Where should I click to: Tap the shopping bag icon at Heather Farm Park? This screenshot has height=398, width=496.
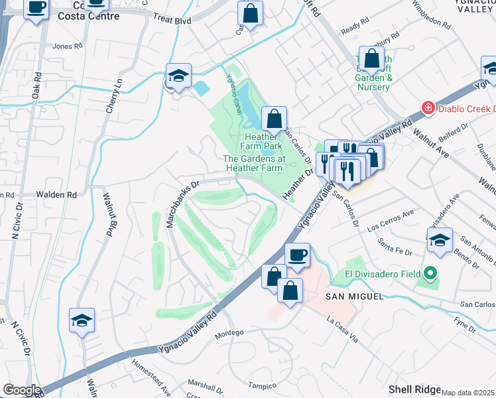click(273, 120)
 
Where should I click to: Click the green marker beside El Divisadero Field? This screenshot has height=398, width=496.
click(430, 273)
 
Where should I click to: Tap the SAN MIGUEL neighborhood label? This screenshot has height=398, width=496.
click(353, 296)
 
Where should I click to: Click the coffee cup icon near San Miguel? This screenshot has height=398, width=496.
click(297, 255)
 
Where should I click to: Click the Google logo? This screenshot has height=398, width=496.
click(21, 390)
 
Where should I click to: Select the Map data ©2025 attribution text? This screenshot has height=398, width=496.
click(468, 393)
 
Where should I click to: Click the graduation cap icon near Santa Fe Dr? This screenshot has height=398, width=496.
click(440, 241)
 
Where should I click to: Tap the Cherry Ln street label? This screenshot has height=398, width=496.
click(113, 96)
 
